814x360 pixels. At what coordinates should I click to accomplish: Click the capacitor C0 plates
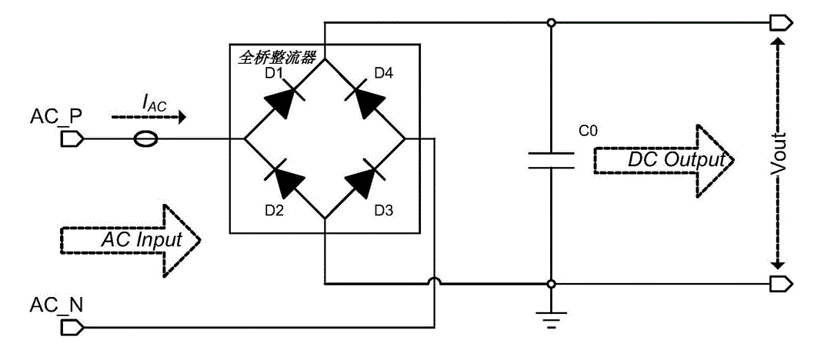click(552, 160)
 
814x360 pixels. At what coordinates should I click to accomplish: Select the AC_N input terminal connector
click(71, 328)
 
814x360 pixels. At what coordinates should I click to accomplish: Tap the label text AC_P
click(56, 116)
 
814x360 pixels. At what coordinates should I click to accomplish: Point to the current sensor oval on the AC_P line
click(145, 139)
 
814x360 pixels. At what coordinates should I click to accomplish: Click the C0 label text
click(588, 132)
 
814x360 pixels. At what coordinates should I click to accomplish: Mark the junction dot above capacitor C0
click(552, 23)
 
